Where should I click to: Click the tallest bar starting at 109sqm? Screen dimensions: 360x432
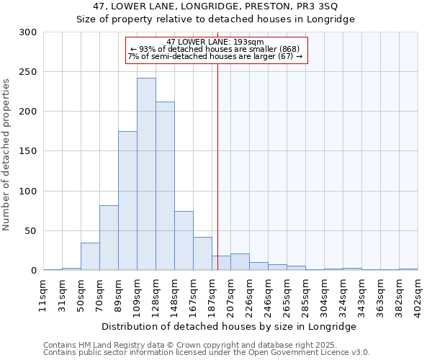tap(146, 174)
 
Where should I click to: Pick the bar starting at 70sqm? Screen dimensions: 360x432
tap(109, 238)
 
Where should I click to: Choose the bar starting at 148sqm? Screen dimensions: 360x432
tap(184, 240)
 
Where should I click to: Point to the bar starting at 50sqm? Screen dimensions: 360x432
tap(90, 256)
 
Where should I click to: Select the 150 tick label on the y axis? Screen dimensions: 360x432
tap(29, 152)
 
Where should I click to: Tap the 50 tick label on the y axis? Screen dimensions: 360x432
tap(32, 231)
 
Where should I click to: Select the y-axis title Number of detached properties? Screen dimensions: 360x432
tap(6, 155)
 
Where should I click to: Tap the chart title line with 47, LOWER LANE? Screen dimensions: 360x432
tap(215, 6)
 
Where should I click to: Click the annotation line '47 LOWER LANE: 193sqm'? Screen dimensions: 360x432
tap(215, 42)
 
